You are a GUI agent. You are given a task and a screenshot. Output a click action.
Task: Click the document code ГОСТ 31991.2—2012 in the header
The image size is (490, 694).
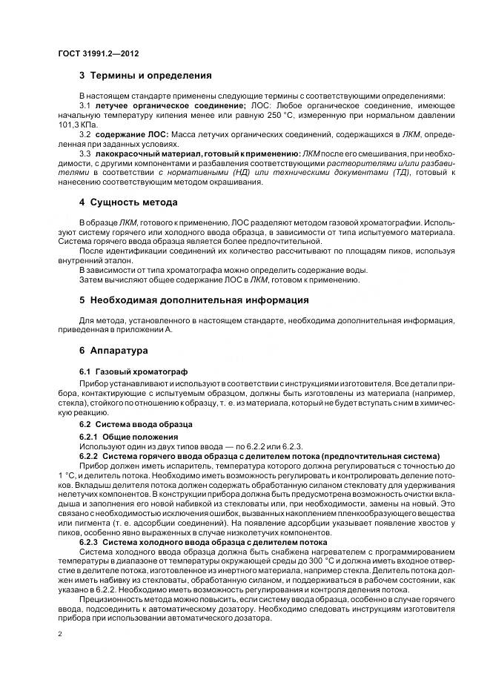[x=99, y=54]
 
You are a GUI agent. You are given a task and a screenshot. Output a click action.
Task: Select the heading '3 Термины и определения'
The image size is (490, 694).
[x=145, y=76]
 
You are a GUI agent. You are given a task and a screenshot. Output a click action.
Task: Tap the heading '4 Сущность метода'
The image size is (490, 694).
[x=128, y=202]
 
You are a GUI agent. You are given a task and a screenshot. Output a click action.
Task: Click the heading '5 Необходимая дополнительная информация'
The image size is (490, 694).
[x=194, y=300]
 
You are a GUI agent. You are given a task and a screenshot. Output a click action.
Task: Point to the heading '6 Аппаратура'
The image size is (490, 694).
[x=113, y=349]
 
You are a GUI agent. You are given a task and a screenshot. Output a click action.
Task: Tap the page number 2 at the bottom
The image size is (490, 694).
[x=60, y=634]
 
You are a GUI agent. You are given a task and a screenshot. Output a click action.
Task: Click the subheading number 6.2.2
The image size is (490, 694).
[x=90, y=455]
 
